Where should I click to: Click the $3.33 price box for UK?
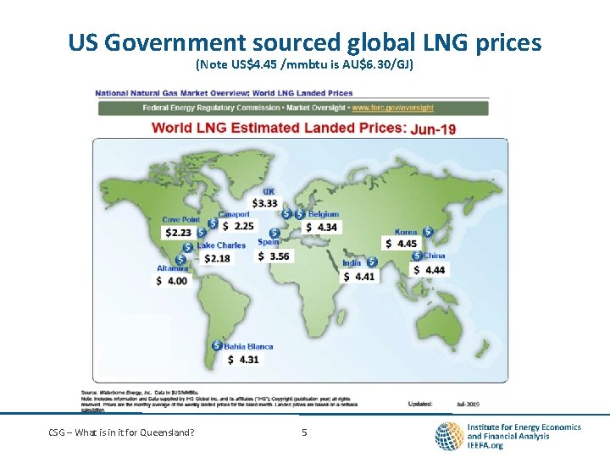tap(264, 203)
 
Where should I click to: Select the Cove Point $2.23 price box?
tap(178, 233)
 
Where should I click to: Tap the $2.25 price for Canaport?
tap(238, 226)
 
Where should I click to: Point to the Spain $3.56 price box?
tap(274, 256)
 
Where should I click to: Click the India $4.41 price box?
tap(359, 276)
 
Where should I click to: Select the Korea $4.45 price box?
tap(402, 244)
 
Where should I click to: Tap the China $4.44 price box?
tap(429, 270)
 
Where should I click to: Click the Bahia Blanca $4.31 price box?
tap(244, 359)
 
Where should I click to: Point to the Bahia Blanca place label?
tap(248, 346)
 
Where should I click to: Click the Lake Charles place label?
tap(221, 245)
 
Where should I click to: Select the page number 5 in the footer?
tap(304, 433)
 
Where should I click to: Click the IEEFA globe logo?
tap(448, 436)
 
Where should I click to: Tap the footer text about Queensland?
tap(120, 433)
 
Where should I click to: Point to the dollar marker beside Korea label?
tap(428, 231)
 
